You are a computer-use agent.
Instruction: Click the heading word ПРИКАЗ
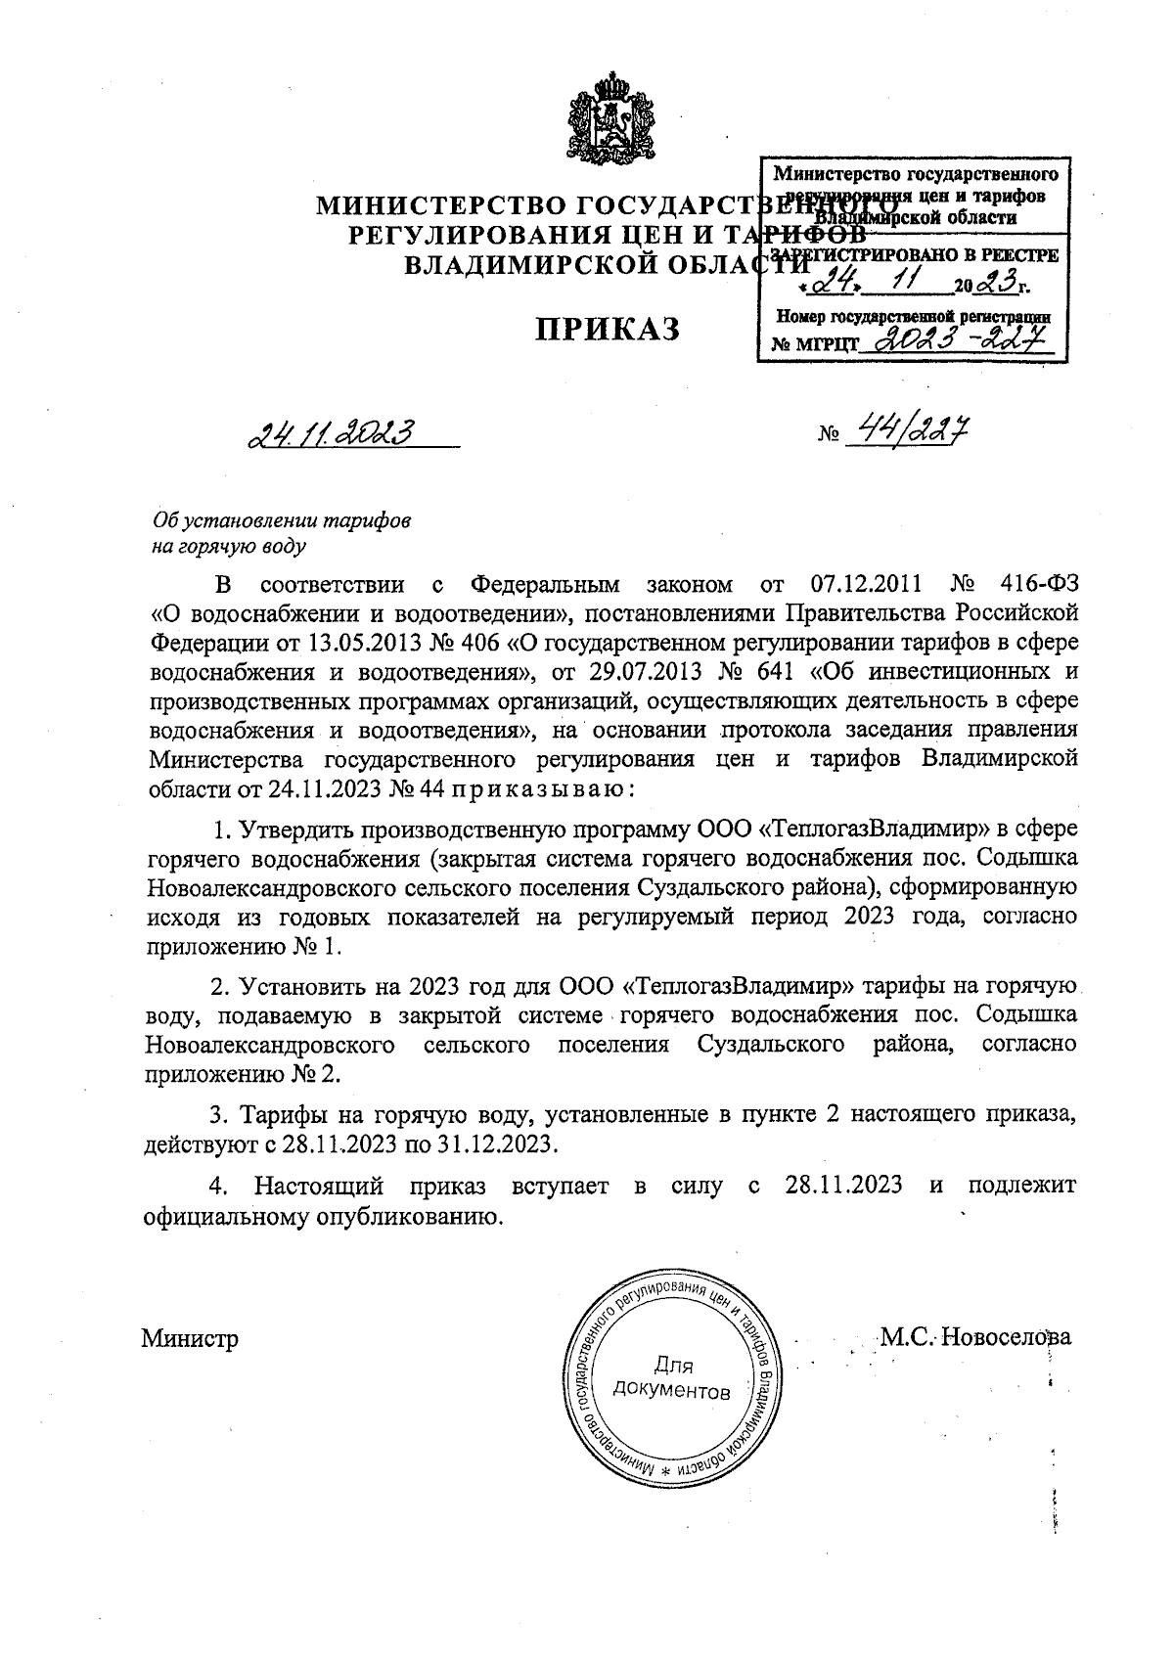click(607, 330)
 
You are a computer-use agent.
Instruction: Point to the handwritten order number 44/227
click(905, 429)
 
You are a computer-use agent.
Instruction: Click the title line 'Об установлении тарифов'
click(282, 520)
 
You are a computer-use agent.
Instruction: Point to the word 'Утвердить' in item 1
click(294, 830)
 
